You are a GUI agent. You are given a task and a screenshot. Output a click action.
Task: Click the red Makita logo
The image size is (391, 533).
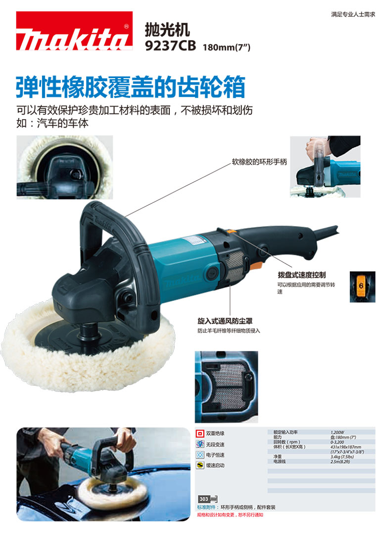(75, 31)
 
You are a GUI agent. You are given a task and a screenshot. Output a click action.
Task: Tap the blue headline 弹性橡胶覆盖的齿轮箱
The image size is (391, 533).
(131, 88)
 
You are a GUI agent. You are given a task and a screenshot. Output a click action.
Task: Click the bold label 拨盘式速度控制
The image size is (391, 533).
(301, 274)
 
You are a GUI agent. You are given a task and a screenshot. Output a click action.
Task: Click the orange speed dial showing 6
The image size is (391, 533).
(362, 287)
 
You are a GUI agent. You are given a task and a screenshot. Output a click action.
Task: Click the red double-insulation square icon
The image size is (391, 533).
(200, 433)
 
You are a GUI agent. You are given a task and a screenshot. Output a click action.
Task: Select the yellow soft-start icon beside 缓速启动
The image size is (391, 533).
(200, 465)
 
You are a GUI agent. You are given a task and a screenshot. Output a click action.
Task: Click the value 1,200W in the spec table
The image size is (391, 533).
(338, 432)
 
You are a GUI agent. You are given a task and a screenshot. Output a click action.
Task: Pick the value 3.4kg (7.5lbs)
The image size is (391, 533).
(341, 456)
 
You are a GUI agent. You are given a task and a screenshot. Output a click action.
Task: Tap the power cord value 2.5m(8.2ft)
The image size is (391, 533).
(341, 461)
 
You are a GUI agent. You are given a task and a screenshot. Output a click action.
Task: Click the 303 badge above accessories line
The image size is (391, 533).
(203, 498)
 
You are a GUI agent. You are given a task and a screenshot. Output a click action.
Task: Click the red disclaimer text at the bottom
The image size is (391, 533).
(230, 515)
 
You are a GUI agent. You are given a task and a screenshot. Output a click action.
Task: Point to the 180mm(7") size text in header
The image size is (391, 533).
(227, 47)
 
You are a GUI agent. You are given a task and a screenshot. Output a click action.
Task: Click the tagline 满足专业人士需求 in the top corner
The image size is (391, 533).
(353, 14)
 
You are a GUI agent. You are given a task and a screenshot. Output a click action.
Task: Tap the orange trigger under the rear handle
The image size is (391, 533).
(256, 266)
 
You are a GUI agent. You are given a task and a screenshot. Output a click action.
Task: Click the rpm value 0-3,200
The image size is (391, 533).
(337, 441)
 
